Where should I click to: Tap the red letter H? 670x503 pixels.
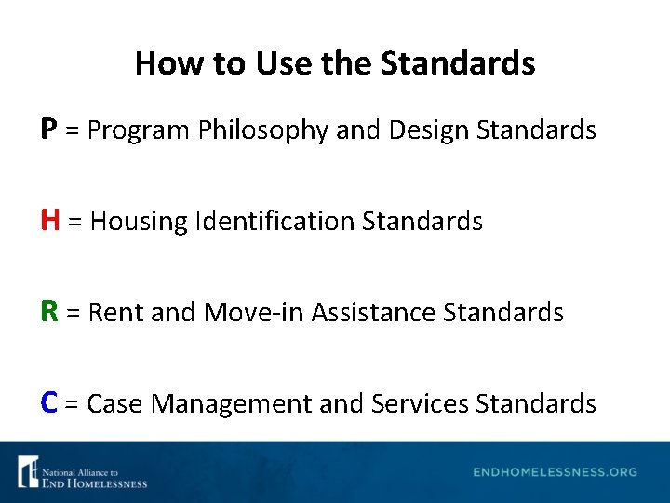click(51, 221)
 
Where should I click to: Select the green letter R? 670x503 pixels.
click(50, 311)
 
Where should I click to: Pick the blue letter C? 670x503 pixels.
click(50, 402)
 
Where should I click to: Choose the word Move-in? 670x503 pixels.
click(252, 312)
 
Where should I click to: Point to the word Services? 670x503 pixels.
click(421, 403)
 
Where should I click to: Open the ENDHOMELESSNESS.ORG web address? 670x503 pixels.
click(555, 472)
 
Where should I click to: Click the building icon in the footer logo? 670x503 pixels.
click(28, 471)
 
